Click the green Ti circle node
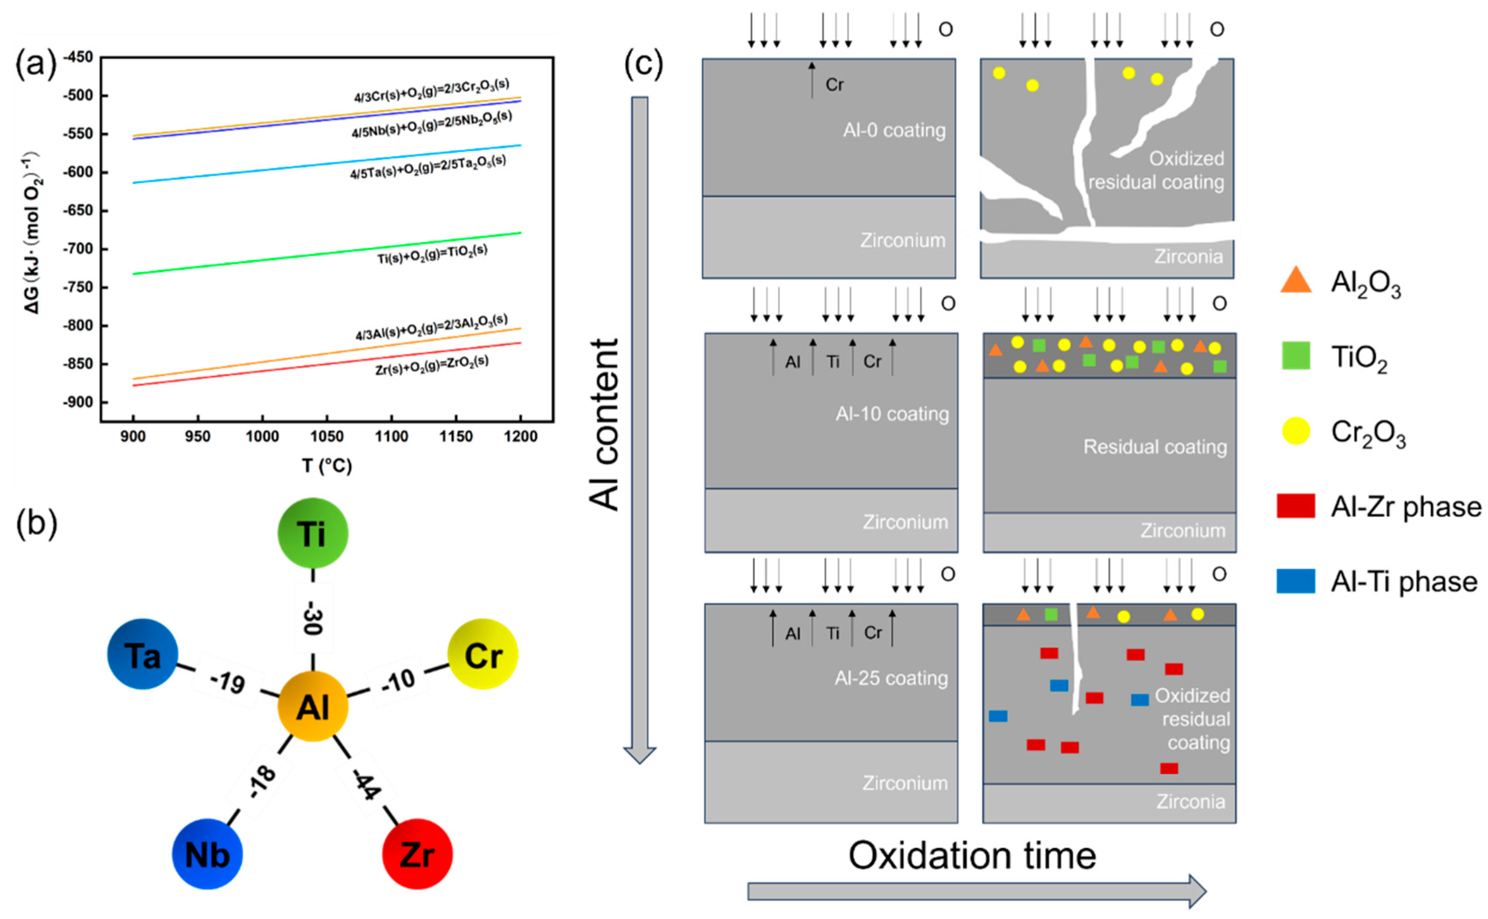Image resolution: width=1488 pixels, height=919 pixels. (313, 533)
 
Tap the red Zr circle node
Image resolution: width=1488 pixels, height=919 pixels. (417, 854)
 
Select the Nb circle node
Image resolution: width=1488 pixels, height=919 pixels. (207, 854)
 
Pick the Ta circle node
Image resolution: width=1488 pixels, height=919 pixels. (143, 654)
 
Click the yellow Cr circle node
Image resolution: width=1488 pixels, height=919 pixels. (483, 654)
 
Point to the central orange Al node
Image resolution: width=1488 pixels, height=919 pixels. (313, 706)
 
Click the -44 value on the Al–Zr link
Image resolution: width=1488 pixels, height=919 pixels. (366, 785)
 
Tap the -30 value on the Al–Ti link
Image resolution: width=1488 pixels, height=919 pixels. (313, 617)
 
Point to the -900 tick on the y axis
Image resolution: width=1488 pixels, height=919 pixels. (78, 402)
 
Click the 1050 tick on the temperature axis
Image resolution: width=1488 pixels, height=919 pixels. (327, 436)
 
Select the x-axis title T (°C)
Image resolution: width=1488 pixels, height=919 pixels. (327, 466)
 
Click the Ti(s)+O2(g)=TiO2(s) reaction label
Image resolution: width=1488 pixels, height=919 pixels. (432, 254)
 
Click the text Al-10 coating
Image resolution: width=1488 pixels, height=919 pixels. (891, 414)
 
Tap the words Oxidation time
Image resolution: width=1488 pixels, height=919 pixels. (972, 856)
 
